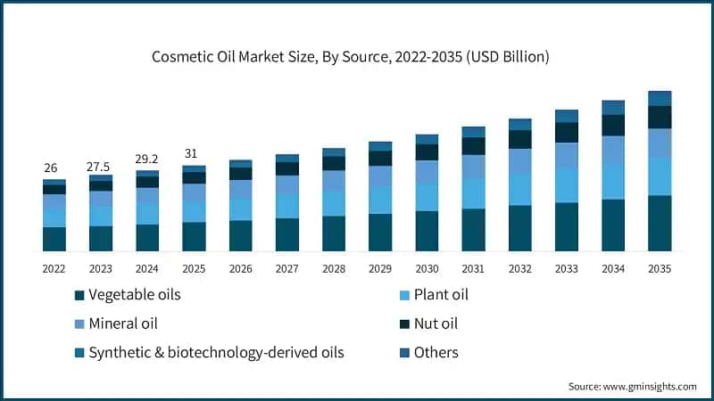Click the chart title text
click(x=357, y=56)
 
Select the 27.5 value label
click(x=101, y=166)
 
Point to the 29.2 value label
click(x=147, y=160)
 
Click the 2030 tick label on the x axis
click(x=427, y=267)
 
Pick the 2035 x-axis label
click(x=660, y=267)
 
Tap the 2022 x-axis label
click(x=54, y=267)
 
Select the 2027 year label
click(x=286, y=267)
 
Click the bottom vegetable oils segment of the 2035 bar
click(x=660, y=223)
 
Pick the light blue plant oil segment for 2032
click(x=519, y=190)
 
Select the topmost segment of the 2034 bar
click(x=613, y=107)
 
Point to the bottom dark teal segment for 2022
click(x=54, y=239)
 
